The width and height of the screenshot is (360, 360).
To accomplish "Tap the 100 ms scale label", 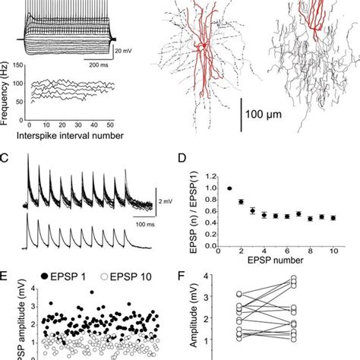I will point(146,226).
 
